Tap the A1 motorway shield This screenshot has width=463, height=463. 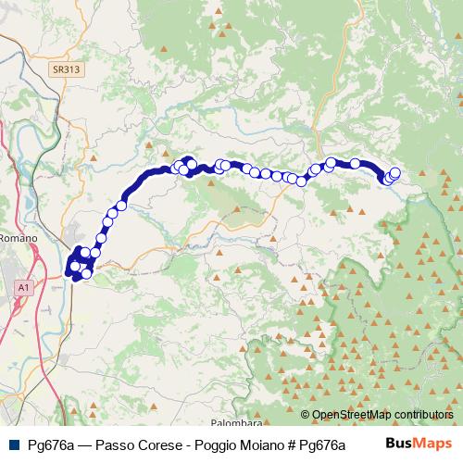click(x=22, y=289)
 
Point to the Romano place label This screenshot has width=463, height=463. click(x=18, y=238)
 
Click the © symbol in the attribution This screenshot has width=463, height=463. click(x=306, y=415)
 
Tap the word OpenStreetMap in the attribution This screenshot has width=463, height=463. click(x=353, y=415)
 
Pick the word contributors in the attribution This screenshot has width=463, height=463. click(x=424, y=415)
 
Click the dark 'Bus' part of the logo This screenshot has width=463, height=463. click(x=400, y=444)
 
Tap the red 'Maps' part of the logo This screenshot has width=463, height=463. click(x=433, y=444)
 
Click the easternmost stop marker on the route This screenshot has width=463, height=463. click(x=395, y=172)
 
